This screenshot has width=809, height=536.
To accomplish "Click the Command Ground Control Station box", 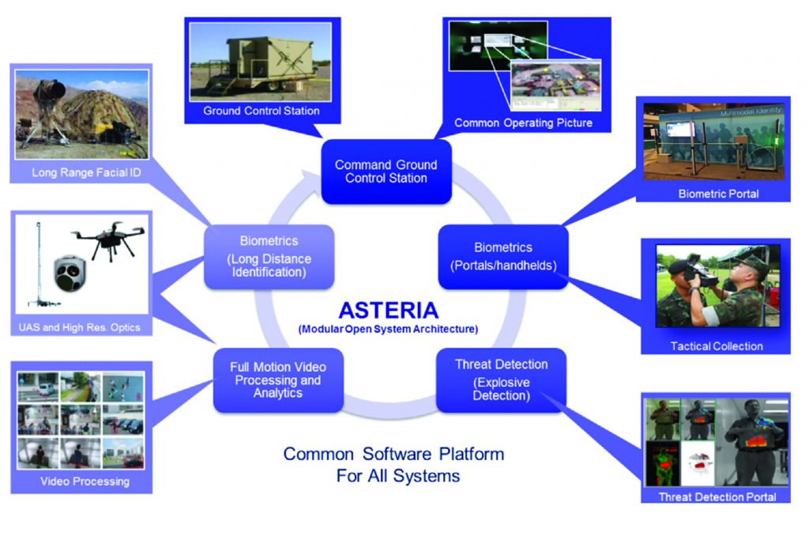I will pos(386,172).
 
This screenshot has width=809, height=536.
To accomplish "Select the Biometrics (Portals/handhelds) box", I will pos(503,256).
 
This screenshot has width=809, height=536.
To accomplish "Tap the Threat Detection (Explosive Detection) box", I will pos(501,379).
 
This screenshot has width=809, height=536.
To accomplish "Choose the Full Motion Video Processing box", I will pos(278,379).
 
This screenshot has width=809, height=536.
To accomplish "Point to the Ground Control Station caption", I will pos(262,111).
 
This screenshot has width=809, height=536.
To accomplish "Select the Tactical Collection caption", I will pos(717,346).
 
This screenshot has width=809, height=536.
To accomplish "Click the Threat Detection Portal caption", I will pos(717,496).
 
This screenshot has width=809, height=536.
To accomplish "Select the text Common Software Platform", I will pos(393,454).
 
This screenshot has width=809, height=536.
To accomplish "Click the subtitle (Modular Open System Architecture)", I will pos(388,328).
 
